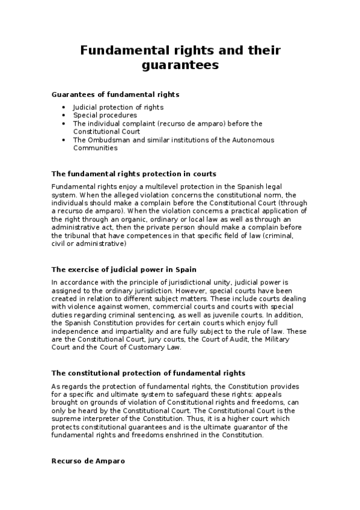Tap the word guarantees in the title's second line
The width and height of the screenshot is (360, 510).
coord(180,65)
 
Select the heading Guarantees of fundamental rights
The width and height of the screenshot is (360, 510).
coord(115,94)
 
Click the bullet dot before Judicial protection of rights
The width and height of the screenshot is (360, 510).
coord(65,107)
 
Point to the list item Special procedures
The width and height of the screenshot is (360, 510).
coord(105,115)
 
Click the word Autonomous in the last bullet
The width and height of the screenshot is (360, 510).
coord(255,140)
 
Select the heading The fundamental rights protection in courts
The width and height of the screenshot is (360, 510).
coord(134,174)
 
